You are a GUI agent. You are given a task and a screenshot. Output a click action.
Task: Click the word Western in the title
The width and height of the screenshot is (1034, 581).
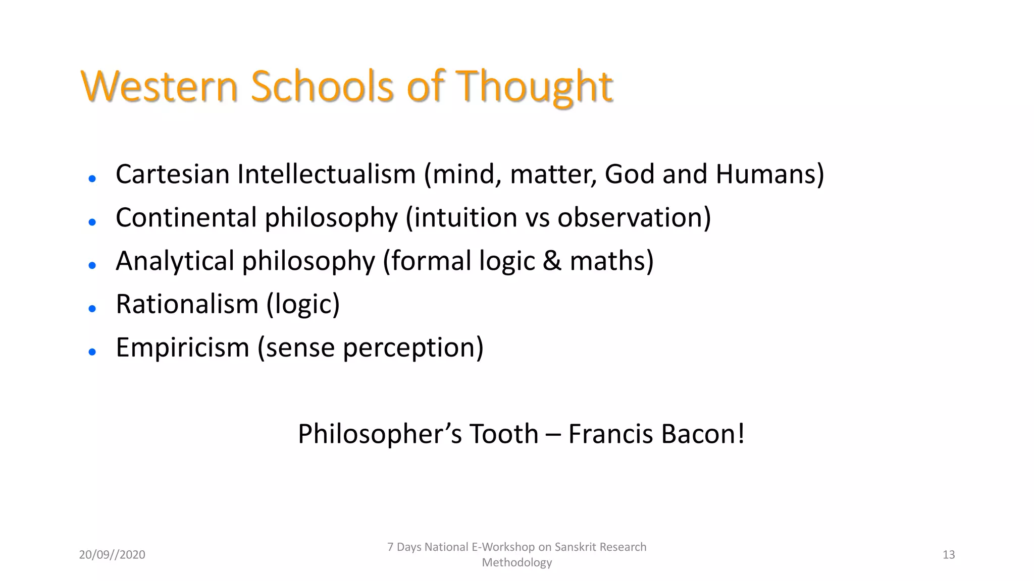[x=159, y=86]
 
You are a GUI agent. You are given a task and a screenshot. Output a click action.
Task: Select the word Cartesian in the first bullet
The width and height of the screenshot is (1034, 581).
[x=173, y=174]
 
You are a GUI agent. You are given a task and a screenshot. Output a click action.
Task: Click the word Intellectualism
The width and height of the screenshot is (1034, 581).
[x=326, y=174]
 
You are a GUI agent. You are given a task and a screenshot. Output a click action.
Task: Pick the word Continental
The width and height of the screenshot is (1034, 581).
[x=186, y=217]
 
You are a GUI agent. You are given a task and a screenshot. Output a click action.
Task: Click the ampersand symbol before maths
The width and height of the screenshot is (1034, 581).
[x=552, y=261]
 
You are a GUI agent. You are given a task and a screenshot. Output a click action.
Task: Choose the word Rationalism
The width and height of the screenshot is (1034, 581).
[x=187, y=304]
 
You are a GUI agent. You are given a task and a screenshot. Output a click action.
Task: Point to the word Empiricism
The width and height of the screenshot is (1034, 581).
[x=182, y=347]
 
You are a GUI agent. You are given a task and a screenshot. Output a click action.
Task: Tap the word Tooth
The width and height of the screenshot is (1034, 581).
[x=504, y=434]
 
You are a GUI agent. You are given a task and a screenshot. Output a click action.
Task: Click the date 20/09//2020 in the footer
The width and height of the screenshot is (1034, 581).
[x=112, y=555]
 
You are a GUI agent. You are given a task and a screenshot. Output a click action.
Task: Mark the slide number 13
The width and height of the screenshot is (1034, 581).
[x=949, y=555]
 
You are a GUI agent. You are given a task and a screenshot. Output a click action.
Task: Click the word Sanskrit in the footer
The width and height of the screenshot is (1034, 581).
[x=575, y=547]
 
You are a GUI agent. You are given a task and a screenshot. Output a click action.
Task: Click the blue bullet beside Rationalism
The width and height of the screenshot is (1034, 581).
[x=92, y=309]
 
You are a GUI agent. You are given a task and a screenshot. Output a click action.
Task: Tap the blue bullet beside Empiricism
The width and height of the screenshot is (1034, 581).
[x=92, y=352]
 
